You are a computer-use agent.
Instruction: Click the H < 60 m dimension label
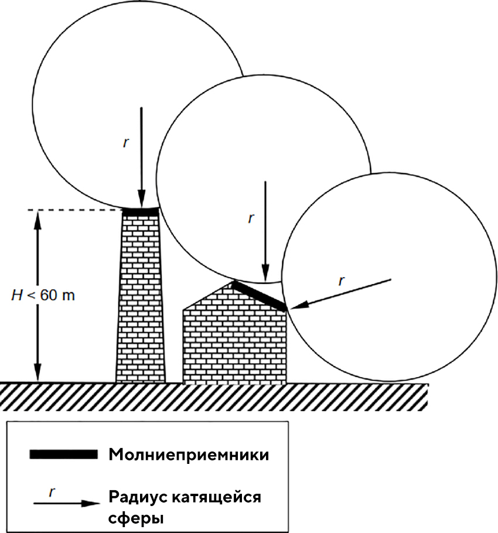[x=44, y=295]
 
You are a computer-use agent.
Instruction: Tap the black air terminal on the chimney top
[x=141, y=211]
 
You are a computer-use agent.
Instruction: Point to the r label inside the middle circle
[x=251, y=218]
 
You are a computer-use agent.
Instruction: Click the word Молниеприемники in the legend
[x=189, y=455]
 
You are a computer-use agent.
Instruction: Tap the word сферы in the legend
[x=136, y=518]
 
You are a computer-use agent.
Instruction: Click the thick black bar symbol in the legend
[x=63, y=454]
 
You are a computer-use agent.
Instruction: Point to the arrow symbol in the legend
[x=64, y=503]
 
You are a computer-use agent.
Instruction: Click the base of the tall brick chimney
[x=141, y=378]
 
